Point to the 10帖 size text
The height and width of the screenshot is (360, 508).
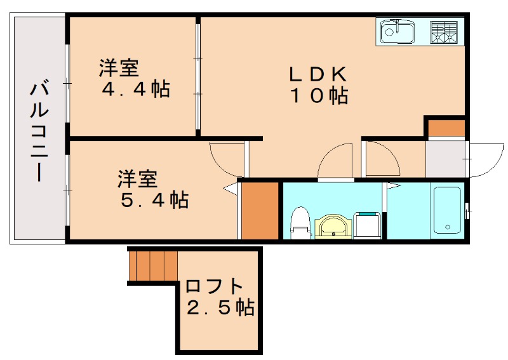pos(319,97)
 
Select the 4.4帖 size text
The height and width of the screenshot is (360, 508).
pos(136,90)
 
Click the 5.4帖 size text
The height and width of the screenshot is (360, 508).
pos(154,201)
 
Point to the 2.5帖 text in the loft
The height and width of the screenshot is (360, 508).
pos(220,309)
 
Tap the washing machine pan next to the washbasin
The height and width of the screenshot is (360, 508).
pos(367,225)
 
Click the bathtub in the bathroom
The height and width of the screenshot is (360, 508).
pos(448,211)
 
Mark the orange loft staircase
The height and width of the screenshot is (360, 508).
pos(153,265)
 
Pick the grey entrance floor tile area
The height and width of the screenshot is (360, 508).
pos(444,159)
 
